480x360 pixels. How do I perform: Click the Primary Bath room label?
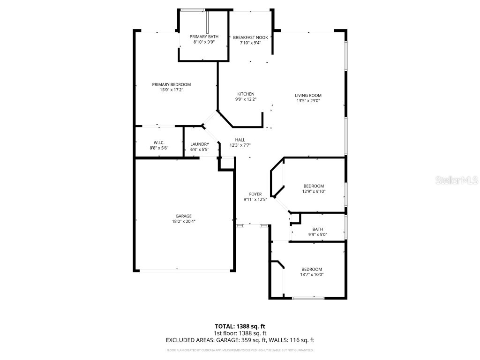coord(204,37)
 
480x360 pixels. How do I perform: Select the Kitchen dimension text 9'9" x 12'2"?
coord(246,99)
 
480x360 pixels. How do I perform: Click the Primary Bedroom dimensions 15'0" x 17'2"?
coord(171,90)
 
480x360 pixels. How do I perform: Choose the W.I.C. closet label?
coord(158,143)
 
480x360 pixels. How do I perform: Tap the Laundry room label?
coord(199,144)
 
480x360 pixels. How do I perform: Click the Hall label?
coord(240,140)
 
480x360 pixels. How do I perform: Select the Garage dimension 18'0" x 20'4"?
coord(184,221)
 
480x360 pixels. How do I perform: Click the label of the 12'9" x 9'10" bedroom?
coord(314,186)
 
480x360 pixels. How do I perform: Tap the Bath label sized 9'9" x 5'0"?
coord(318,229)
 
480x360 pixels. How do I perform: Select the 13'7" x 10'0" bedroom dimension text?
coord(312,275)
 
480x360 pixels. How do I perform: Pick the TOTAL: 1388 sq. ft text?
coord(240,326)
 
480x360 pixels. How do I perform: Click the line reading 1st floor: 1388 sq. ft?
coord(240,333)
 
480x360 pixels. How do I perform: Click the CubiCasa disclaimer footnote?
coord(240,350)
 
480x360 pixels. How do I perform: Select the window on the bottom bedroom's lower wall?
coord(307,298)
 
